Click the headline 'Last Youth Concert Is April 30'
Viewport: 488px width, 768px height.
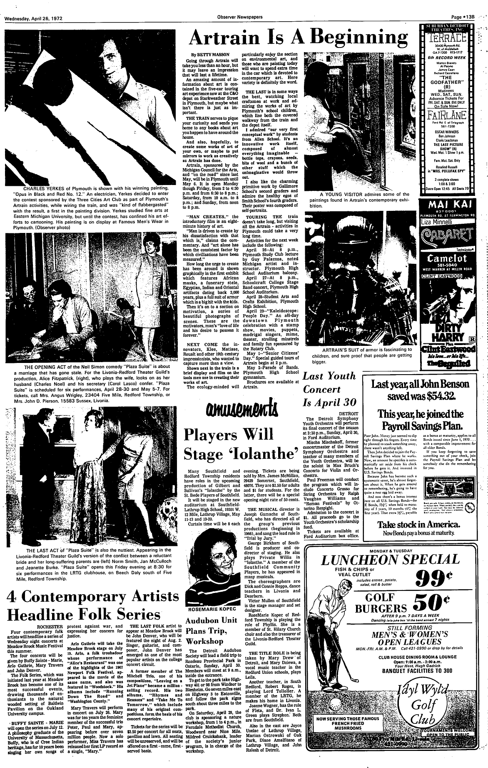click(x=329, y=389)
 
